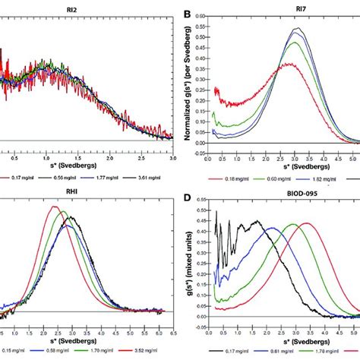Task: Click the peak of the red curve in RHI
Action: pos(53,207)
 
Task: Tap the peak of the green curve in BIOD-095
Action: pos(293,225)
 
